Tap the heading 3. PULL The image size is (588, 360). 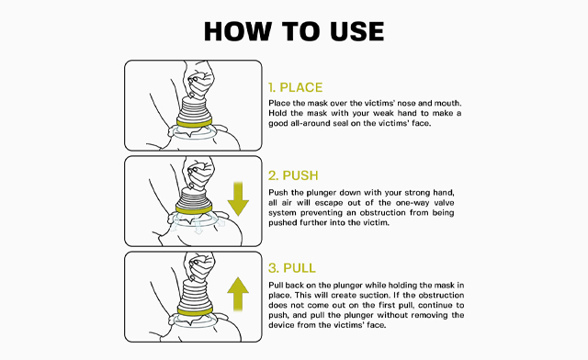click(293, 268)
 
